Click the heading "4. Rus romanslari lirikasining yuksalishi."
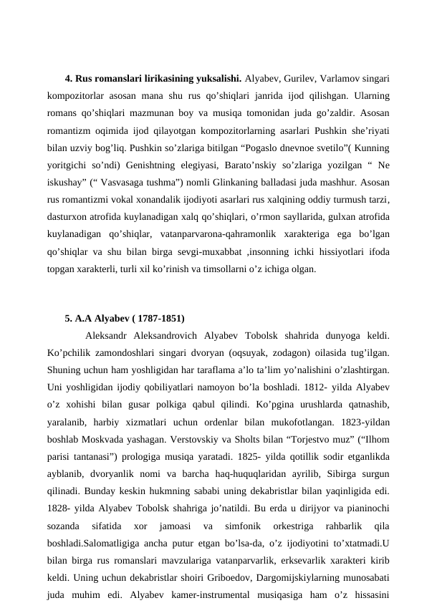153,78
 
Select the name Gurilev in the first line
300,78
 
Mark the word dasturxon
69,218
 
